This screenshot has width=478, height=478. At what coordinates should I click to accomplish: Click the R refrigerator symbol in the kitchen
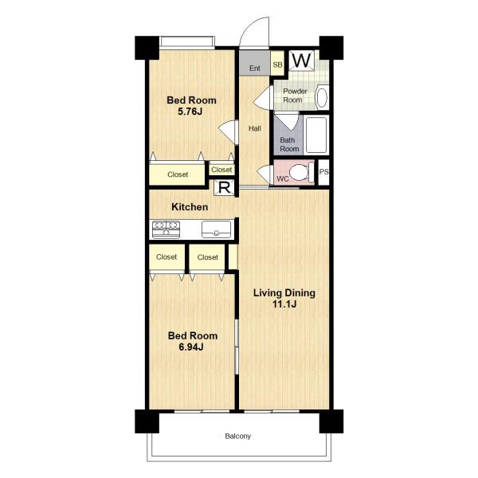225,187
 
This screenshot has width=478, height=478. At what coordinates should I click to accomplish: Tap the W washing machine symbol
301,61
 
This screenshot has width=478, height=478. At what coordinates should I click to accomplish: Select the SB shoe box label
277,65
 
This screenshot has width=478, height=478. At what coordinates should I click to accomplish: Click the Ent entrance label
255,68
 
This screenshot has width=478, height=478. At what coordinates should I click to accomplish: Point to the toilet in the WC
301,173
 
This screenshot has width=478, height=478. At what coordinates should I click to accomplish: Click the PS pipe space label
323,172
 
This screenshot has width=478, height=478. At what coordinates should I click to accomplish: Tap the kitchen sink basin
216,229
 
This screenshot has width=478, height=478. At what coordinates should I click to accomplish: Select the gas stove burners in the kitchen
166,229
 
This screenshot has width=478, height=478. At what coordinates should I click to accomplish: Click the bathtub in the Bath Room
317,135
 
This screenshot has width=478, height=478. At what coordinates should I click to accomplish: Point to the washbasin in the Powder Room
322,97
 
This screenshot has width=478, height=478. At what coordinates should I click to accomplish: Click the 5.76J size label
190,112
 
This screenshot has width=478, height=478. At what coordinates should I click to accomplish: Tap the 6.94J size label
191,347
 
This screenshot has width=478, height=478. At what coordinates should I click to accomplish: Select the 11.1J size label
284,304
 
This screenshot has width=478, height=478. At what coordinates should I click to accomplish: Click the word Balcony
237,437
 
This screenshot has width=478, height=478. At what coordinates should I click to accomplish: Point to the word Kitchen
190,207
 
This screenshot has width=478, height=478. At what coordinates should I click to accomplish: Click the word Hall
255,128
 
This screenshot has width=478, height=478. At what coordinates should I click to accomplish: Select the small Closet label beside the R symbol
221,170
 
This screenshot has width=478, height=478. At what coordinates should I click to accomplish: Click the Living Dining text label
284,293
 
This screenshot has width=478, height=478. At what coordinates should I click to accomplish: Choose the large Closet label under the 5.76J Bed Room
178,174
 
